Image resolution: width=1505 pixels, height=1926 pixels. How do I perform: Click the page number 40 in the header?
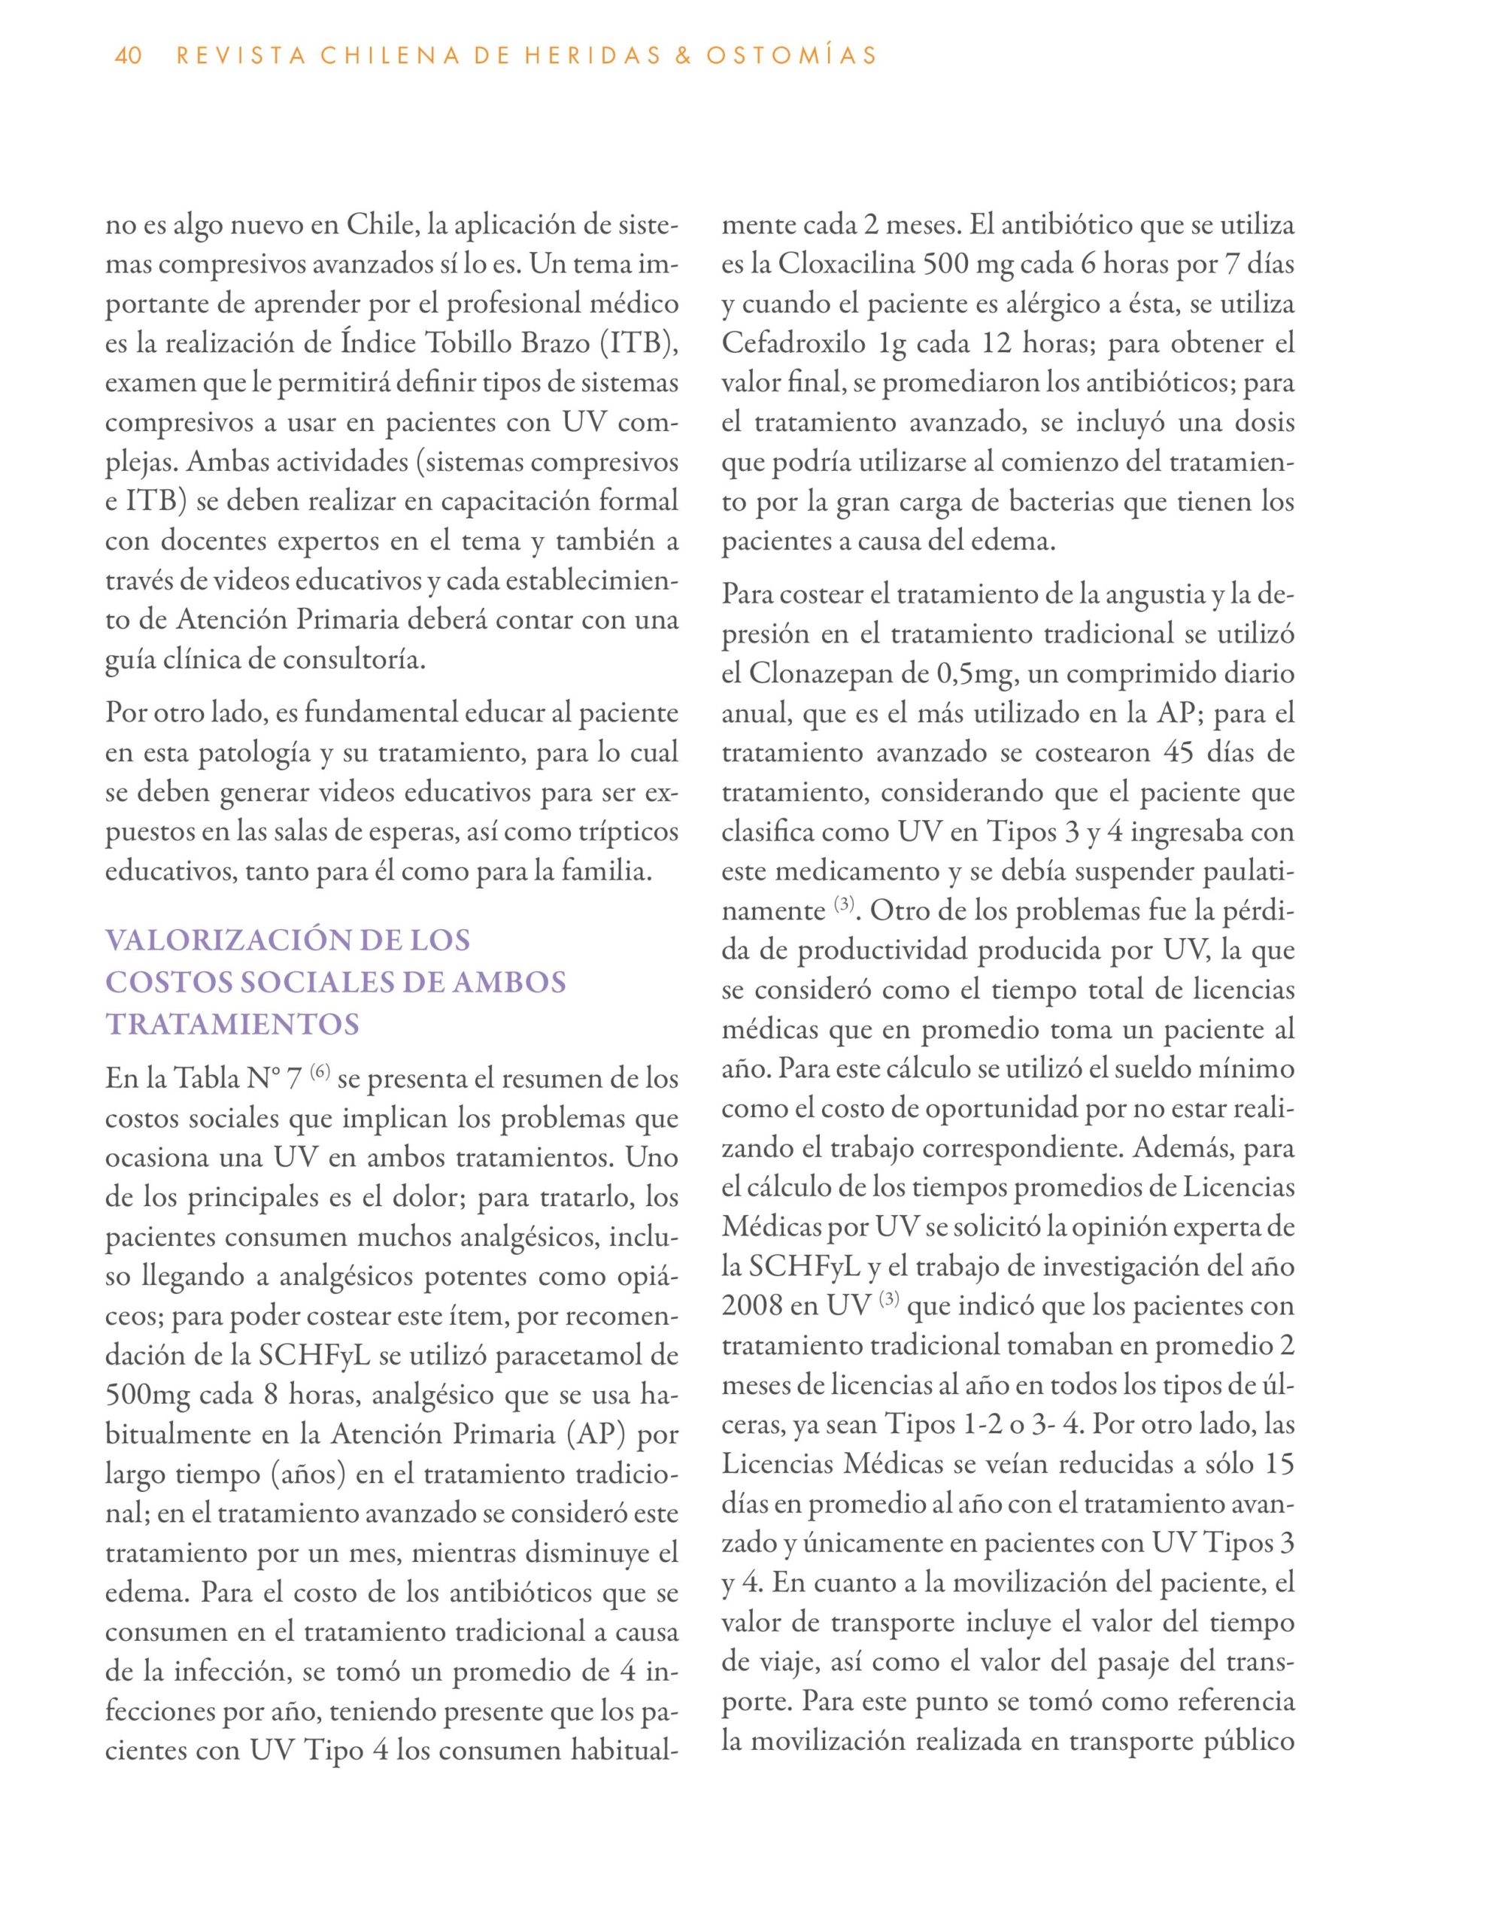129,56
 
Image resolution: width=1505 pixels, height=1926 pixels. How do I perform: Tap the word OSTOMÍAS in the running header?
790,56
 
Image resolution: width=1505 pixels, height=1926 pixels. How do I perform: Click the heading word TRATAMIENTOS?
232,1025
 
